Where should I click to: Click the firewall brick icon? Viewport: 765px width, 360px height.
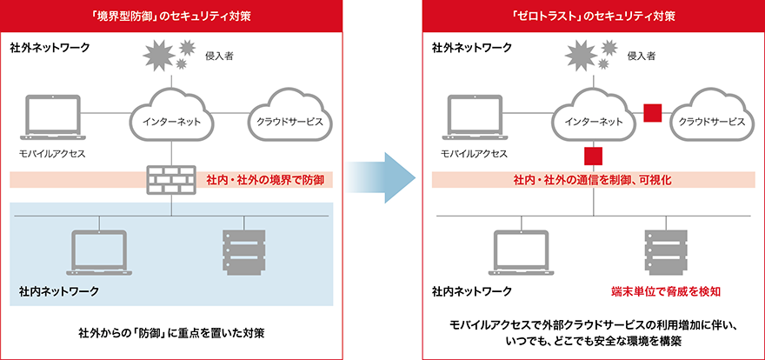pyautogui.click(x=171, y=179)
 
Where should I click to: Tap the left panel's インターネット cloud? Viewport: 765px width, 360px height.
pyautogui.click(x=172, y=118)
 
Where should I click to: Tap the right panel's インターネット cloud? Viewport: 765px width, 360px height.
pyautogui.click(x=593, y=118)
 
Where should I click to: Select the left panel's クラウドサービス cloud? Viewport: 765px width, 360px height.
pyautogui.click(x=286, y=118)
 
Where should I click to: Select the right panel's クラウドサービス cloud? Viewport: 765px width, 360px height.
pyautogui.click(x=711, y=118)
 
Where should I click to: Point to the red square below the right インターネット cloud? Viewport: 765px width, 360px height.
pyautogui.click(x=593, y=157)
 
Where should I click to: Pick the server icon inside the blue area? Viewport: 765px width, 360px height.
pyautogui.click(x=240, y=251)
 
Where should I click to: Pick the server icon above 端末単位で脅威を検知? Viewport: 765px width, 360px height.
pyautogui.click(x=662, y=251)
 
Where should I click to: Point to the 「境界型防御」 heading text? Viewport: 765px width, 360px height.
pyautogui.click(x=171, y=16)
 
